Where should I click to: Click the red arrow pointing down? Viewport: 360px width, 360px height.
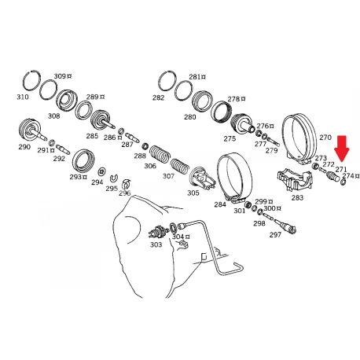[x=342, y=148]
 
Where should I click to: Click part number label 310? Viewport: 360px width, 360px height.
[x=23, y=97]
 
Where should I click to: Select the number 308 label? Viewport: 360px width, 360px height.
[x=53, y=116]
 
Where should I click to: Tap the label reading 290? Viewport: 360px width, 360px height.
[x=24, y=147]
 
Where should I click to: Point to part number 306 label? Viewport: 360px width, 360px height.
[x=150, y=166]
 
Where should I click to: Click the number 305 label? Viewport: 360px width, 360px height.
[x=193, y=193]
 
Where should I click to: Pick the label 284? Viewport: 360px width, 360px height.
[x=220, y=204]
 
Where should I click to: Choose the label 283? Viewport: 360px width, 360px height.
[x=297, y=198]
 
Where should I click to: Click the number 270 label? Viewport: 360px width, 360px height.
[x=325, y=138]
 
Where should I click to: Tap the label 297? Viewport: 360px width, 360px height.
[x=275, y=235]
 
